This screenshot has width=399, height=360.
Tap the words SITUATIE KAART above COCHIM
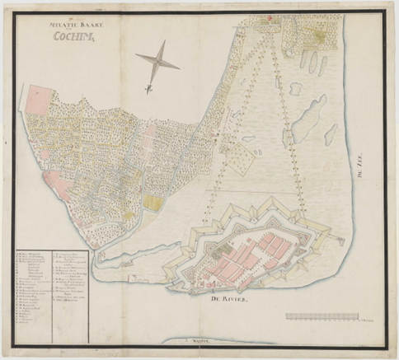click(73, 25)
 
